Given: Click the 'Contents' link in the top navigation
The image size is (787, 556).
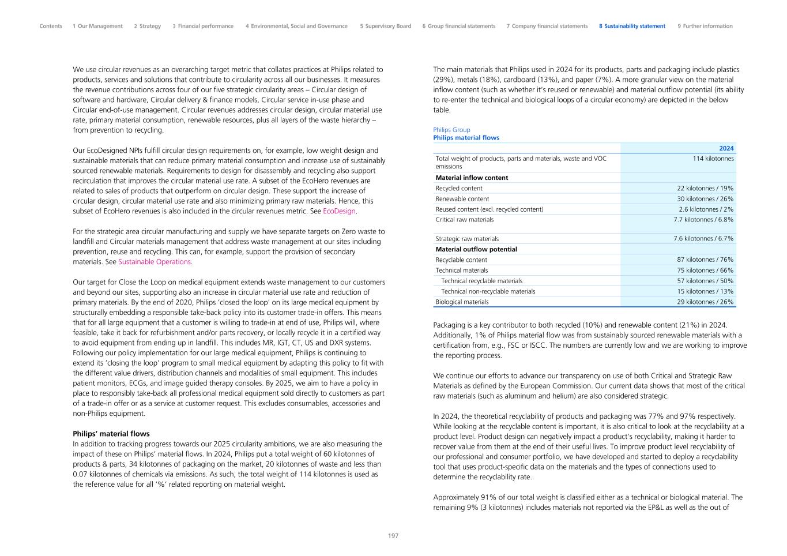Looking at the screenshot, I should [51, 26].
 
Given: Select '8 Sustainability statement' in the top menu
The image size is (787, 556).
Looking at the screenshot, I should [632, 26].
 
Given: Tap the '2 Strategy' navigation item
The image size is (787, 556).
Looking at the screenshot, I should [148, 26].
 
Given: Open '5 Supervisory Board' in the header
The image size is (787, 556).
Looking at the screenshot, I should [386, 26].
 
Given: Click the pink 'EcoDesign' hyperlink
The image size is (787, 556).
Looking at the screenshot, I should [340, 211].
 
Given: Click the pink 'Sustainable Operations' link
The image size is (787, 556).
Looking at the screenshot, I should [155, 262].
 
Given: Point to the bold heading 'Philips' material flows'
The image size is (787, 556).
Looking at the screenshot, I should [111, 434].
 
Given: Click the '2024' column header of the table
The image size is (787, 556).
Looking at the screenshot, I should [726, 148].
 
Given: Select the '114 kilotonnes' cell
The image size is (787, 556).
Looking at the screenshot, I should [713, 159].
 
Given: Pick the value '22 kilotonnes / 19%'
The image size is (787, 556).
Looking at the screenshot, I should [705, 189].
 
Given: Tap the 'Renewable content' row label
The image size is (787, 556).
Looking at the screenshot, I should [462, 199].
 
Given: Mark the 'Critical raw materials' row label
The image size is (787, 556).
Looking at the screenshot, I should [465, 220].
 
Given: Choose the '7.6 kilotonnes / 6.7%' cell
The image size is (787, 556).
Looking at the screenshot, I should [703, 239].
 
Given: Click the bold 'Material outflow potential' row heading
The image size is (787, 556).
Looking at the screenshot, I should [476, 249].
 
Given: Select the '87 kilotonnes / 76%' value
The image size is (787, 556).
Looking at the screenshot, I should [705, 260].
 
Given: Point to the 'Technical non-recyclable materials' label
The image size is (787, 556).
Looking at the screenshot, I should [488, 291].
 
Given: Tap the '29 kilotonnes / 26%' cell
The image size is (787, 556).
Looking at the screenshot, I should [705, 302].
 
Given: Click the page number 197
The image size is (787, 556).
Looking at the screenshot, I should [393, 536].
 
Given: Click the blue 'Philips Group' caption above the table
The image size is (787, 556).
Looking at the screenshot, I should [451, 130].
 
